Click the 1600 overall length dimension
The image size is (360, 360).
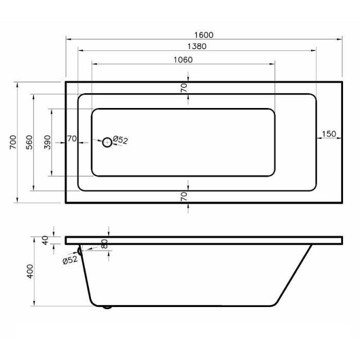click(204, 35)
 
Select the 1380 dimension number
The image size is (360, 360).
click(197, 46)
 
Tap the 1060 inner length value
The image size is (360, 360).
click(183, 60)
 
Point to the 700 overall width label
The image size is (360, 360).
click(13, 142)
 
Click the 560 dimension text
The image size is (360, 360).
click(29, 142)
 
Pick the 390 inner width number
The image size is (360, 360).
click(47, 142)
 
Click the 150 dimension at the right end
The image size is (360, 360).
click(329, 134)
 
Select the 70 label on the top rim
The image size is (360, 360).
click(184, 88)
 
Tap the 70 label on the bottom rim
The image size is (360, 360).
click(184, 197)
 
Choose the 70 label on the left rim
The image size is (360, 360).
click(72, 139)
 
